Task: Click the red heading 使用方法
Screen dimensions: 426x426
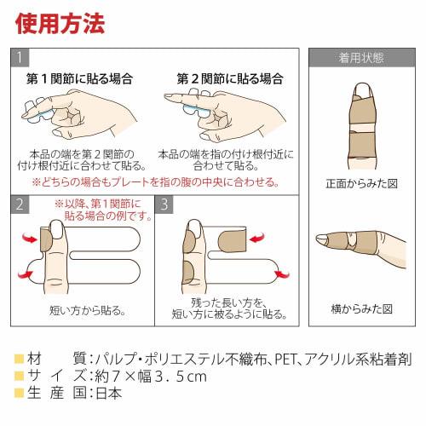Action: [60, 23]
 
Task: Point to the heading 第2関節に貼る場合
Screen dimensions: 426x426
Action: [230, 78]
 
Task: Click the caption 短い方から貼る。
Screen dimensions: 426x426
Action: [83, 310]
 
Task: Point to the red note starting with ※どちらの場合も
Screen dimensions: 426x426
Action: [155, 181]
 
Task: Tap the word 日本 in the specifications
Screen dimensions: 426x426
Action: [107, 393]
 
